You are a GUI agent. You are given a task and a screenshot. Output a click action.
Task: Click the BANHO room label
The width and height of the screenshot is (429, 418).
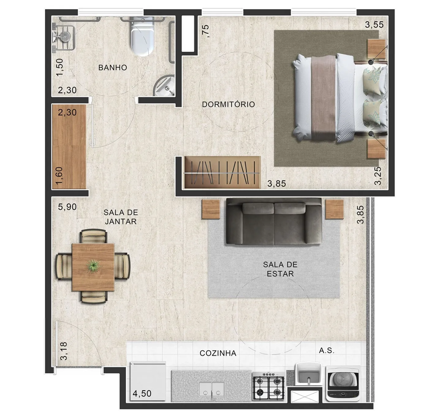(112, 68)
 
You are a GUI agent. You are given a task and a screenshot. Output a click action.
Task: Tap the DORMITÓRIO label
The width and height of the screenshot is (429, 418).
(228, 104)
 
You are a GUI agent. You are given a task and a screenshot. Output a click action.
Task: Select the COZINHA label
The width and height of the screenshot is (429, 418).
(218, 353)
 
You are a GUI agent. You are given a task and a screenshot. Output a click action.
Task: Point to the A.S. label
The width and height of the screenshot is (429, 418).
(326, 350)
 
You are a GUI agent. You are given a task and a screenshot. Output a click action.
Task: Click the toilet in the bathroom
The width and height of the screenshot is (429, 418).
(142, 36)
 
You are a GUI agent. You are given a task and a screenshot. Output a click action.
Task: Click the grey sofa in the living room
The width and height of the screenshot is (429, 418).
(274, 221)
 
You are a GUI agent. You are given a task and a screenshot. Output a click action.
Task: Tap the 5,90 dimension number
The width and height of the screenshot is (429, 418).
(67, 207)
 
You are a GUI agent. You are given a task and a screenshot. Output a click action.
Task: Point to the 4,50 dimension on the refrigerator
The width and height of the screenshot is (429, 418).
(142, 393)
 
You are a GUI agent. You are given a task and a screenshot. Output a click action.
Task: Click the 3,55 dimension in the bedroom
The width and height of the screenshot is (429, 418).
(374, 25)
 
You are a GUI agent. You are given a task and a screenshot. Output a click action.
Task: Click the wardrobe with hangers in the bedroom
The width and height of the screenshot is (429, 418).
(222, 173)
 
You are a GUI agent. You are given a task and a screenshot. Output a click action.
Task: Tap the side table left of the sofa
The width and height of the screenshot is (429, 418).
(211, 209)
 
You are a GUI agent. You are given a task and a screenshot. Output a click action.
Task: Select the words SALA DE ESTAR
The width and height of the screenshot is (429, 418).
(280, 269)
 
